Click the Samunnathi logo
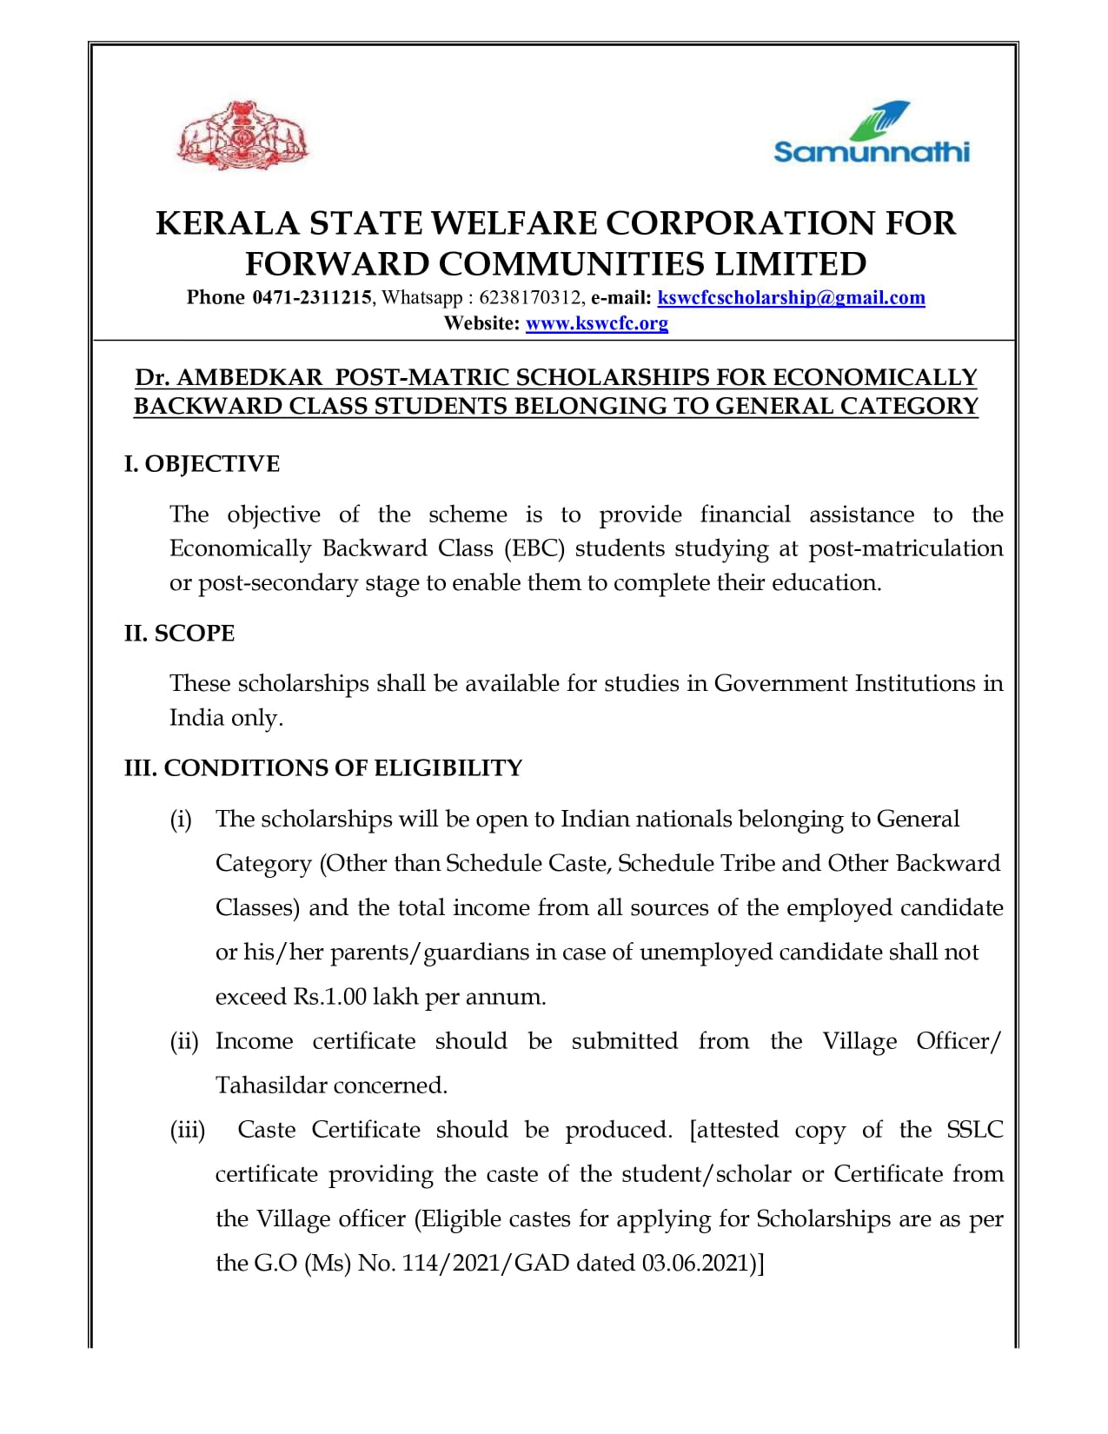(871, 135)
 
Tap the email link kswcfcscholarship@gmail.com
(791, 298)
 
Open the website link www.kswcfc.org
(597, 324)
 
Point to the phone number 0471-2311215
(312, 298)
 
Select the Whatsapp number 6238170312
(530, 298)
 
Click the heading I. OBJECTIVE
(202, 464)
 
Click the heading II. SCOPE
(180, 633)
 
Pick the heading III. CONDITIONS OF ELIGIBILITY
(323, 768)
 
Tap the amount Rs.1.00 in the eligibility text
(329, 997)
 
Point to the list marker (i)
(181, 820)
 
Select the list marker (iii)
(188, 1130)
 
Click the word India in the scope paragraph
(196, 719)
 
